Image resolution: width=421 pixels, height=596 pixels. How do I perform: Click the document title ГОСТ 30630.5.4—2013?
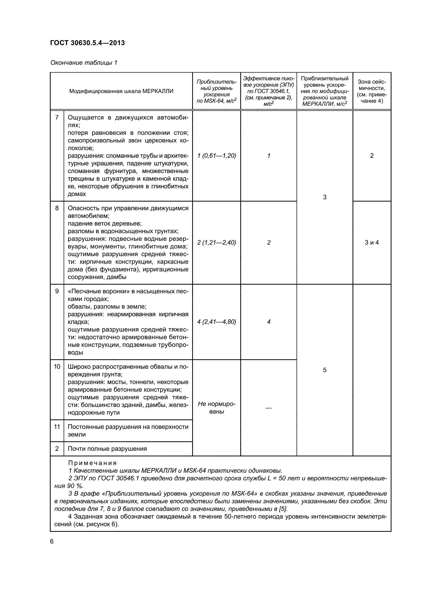(x=87, y=43)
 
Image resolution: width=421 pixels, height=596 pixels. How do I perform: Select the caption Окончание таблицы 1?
(x=84, y=63)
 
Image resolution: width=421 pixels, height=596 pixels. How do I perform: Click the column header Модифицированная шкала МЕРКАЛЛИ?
(x=121, y=91)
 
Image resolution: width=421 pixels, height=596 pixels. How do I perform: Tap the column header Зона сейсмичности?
(x=371, y=91)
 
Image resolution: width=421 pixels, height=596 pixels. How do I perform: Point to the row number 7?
(x=57, y=117)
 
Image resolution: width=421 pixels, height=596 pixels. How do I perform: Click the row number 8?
(x=57, y=208)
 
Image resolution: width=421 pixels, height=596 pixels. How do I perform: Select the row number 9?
(x=57, y=291)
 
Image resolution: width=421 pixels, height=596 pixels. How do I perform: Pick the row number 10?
(x=57, y=366)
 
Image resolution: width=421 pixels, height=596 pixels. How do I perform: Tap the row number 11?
(x=57, y=427)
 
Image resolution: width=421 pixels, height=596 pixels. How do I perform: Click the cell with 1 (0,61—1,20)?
(x=216, y=156)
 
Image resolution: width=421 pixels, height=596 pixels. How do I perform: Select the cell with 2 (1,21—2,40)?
(x=216, y=242)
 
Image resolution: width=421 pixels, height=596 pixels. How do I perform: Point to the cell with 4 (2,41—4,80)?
(x=216, y=322)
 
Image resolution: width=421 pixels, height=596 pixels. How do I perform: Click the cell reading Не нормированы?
(x=216, y=408)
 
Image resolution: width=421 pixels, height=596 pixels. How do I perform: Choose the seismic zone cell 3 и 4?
(x=371, y=242)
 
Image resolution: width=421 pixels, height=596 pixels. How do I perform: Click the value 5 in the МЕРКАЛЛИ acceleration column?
(x=325, y=370)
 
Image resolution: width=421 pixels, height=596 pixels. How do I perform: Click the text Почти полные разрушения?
(x=107, y=449)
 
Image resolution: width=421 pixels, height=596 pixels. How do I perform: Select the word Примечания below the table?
(x=92, y=463)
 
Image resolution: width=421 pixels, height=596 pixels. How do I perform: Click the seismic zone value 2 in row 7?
(x=371, y=156)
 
